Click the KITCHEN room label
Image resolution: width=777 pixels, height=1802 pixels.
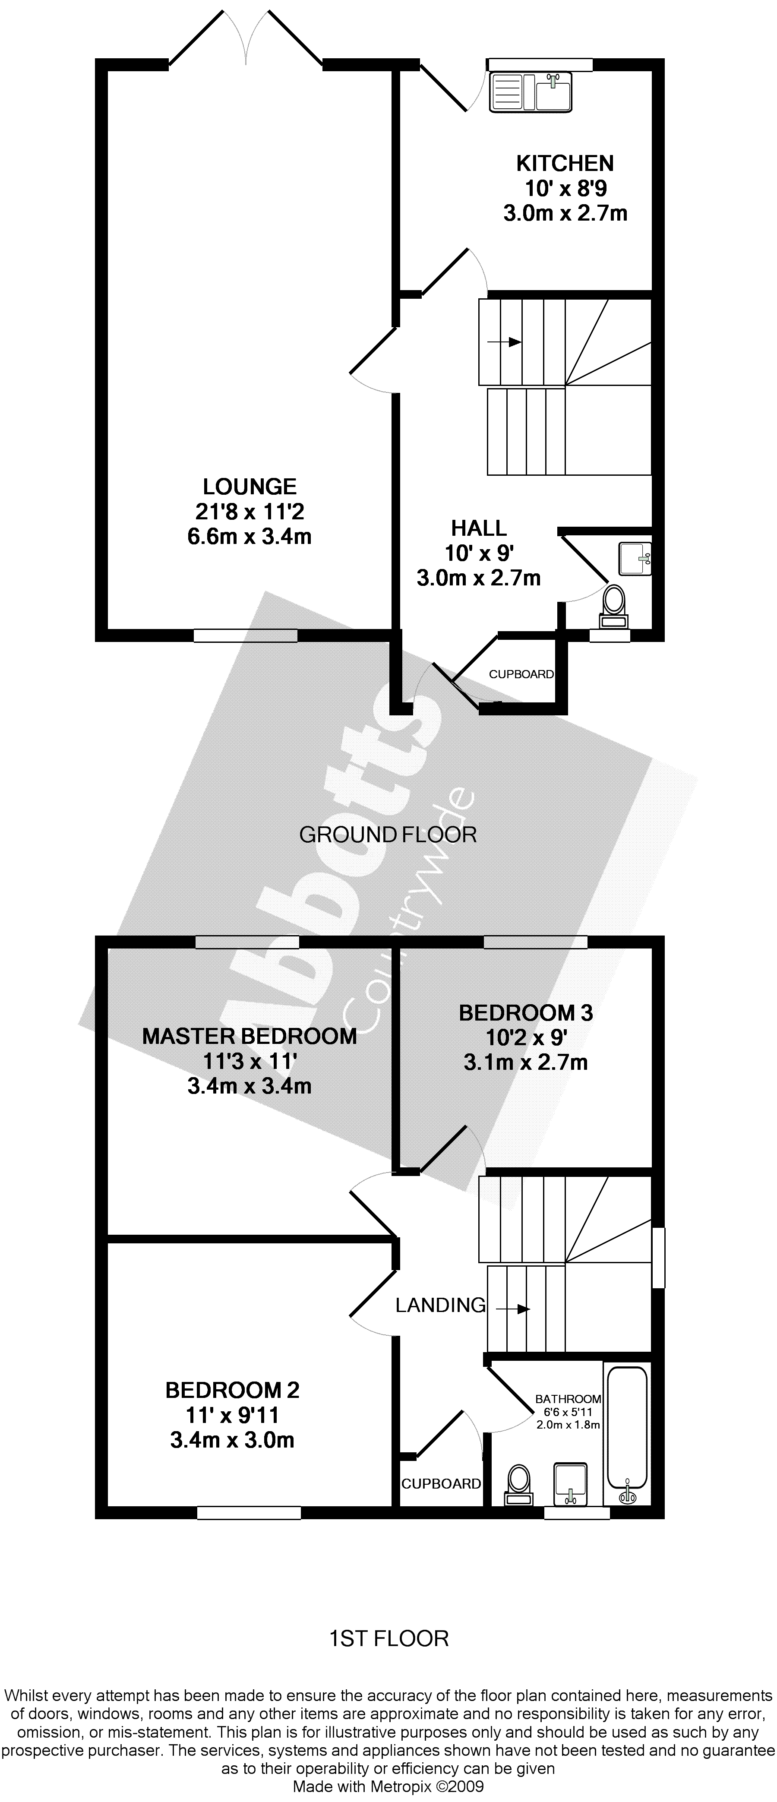click(x=564, y=164)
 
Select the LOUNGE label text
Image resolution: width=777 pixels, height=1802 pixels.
click(x=250, y=487)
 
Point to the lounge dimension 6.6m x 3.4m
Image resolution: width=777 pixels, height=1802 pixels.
click(x=250, y=537)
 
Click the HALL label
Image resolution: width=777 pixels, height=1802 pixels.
click(x=479, y=528)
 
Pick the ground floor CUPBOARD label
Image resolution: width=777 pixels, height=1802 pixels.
click(x=521, y=674)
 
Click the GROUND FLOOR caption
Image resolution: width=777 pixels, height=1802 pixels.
click(x=388, y=835)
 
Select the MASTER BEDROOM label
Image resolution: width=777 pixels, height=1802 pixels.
click(x=250, y=1036)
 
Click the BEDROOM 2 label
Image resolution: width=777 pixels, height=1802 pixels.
click(x=232, y=1390)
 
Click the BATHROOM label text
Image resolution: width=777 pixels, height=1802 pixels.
click(x=568, y=1399)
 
